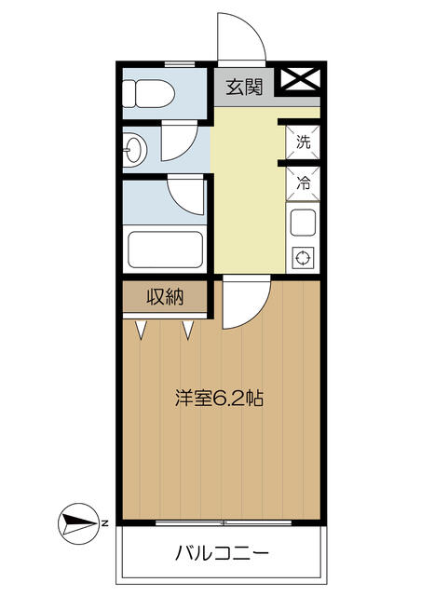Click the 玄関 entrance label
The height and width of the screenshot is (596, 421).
[244, 88]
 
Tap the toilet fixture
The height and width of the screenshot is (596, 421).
[149, 93]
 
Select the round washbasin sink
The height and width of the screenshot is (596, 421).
[132, 150]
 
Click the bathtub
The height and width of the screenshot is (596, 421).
[165, 249]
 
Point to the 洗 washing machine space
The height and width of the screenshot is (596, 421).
[303, 142]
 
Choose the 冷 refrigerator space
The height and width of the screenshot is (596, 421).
[303, 184]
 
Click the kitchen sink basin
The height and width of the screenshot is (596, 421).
[303, 223]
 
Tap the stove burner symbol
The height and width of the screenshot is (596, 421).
[303, 258]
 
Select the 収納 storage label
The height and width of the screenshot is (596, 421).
[165, 296]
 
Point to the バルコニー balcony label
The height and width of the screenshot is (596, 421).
[222, 552]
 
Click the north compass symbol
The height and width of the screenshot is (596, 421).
[78, 524]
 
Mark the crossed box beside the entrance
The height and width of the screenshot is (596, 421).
[300, 79]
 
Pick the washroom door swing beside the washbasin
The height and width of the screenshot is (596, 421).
[187, 150]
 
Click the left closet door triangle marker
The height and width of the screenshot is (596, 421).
[141, 329]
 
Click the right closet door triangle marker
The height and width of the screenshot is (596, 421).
[188, 329]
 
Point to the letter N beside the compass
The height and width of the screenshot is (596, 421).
[104, 523]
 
